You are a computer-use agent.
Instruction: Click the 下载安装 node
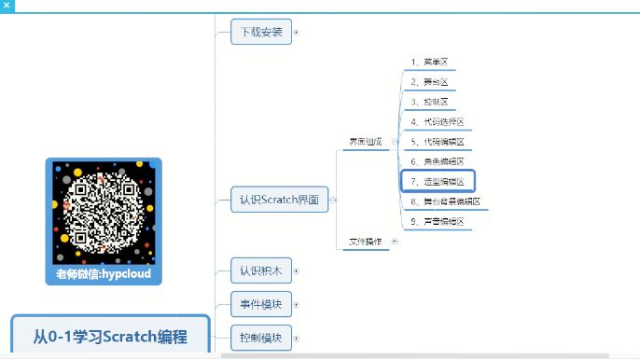tap(261, 32)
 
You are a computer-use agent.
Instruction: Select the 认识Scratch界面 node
tap(279, 200)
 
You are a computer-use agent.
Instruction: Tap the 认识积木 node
tap(261, 271)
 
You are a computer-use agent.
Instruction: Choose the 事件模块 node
tap(261, 304)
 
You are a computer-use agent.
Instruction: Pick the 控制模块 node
tap(261, 337)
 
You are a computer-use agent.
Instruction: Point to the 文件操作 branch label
tap(365, 241)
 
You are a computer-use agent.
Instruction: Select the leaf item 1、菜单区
tap(429, 62)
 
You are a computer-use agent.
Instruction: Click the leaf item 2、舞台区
tap(429, 82)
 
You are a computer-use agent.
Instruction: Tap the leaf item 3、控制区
tap(429, 102)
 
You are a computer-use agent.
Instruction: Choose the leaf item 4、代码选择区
tap(437, 122)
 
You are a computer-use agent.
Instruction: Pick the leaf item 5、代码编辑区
tap(437, 142)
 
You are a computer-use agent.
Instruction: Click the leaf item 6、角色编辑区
tap(437, 161)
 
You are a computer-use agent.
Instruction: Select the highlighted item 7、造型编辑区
tap(438, 181)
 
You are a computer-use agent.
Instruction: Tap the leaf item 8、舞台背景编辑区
tap(445, 201)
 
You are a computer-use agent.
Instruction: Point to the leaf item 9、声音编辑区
tap(437, 221)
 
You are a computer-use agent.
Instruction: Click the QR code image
tap(104, 213)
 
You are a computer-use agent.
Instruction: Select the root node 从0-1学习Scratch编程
tap(110, 337)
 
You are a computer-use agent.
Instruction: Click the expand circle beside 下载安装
tap(297, 32)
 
